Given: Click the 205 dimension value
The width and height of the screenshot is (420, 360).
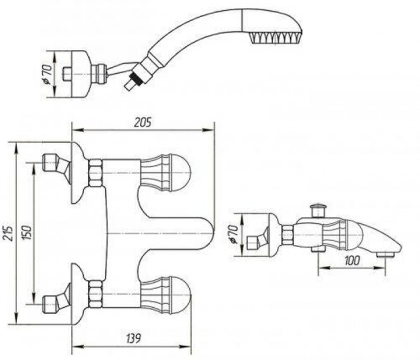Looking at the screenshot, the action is tap(143, 122).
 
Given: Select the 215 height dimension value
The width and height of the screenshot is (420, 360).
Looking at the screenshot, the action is tap(8, 232).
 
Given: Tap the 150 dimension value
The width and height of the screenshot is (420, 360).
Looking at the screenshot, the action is tap(28, 232).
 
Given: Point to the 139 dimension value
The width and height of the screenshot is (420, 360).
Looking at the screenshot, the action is tap(132, 339).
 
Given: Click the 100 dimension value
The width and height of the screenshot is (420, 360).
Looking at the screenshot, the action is tap(352, 260).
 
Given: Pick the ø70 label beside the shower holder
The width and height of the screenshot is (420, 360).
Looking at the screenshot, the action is tap(48, 74).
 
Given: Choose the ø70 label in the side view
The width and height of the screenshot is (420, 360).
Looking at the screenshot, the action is tap(233, 234).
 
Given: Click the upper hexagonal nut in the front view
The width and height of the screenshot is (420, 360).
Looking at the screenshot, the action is tap(96, 173).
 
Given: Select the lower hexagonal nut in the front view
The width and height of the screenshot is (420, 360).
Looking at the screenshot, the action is tap(96, 295).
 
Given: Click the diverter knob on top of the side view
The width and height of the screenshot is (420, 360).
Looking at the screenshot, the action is tap(318, 211).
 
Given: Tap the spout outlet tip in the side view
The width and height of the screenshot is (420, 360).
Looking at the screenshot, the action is tap(386, 255).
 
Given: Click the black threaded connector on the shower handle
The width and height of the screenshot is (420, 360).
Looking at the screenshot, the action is tap(134, 79).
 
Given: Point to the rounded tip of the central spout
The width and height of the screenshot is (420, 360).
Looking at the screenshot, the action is tap(212, 233).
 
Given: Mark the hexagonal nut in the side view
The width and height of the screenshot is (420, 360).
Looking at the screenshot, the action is tap(287, 234).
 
